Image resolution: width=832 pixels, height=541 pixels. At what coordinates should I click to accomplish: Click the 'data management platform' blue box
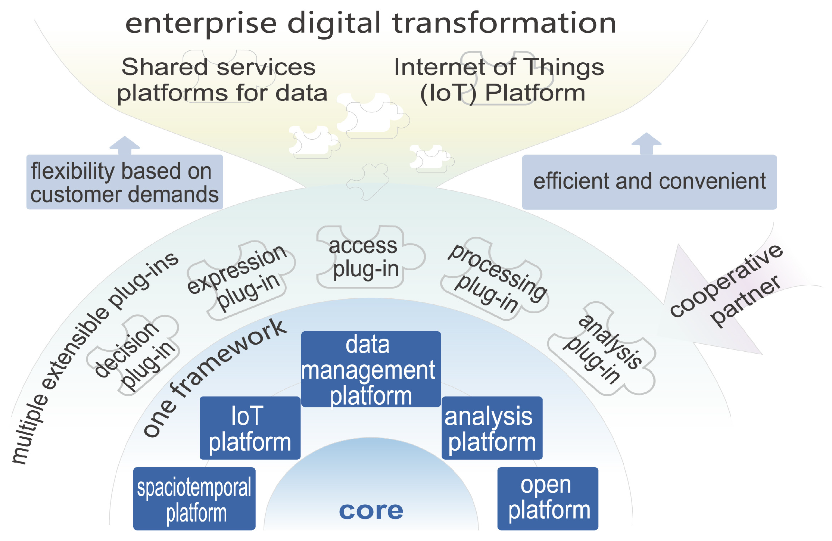point(371,369)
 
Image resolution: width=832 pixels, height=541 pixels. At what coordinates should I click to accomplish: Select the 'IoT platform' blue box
point(250,428)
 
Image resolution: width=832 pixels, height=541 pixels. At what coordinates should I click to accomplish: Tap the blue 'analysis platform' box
point(492,428)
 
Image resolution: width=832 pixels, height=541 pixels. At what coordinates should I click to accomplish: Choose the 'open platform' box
point(548,498)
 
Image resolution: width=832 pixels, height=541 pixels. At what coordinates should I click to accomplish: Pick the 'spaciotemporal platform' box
point(194,498)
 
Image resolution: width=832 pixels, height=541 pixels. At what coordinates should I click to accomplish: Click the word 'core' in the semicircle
point(371,510)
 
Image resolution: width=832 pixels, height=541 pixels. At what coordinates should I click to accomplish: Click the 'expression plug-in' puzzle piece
point(239,278)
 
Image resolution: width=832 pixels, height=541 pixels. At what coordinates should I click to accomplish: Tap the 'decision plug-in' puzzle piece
point(134,355)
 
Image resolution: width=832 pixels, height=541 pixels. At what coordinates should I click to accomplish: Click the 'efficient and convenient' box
point(649,182)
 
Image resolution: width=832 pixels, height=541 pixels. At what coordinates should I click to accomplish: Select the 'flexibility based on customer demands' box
point(124,182)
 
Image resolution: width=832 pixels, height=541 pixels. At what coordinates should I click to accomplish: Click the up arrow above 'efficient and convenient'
point(646,143)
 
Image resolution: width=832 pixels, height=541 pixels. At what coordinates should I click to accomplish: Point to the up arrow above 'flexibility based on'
point(124,145)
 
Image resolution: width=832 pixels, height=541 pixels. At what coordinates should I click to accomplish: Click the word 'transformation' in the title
point(504,23)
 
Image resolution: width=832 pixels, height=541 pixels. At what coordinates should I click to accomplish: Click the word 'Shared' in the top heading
point(165,67)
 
